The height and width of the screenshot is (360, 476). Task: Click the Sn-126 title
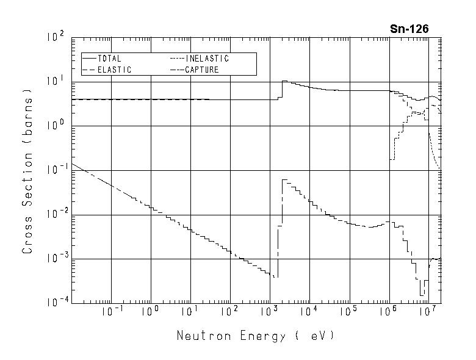click(x=409, y=29)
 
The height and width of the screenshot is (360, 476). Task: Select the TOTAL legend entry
click(x=109, y=59)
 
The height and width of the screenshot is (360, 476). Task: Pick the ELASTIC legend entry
click(x=114, y=70)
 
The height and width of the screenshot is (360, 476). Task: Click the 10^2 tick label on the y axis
click(x=56, y=37)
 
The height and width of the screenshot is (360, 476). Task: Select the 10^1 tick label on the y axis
click(x=56, y=82)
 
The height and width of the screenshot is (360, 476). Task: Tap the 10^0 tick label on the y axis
click(x=56, y=126)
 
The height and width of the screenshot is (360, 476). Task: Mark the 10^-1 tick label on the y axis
click(x=54, y=170)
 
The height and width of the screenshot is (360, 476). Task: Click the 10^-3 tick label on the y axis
click(x=54, y=259)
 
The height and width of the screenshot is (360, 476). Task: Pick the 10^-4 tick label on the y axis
click(x=54, y=303)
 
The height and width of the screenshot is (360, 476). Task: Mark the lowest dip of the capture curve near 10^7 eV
click(x=421, y=295)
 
